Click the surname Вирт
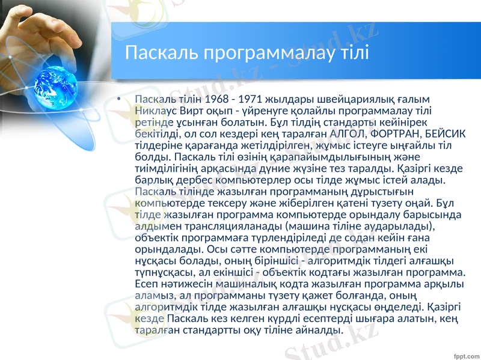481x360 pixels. pyautogui.click(x=194, y=110)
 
